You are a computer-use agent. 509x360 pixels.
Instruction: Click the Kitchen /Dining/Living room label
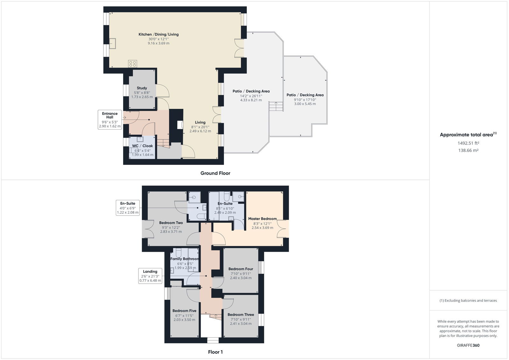tap(158, 34)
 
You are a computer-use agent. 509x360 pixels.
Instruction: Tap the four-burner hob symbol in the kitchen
tap(132, 64)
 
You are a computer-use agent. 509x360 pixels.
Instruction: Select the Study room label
tap(142, 88)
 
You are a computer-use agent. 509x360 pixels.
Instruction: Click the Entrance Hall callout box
tap(110, 120)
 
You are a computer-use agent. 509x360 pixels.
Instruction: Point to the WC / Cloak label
tap(143, 146)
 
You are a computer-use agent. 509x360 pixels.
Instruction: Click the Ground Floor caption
tap(215, 173)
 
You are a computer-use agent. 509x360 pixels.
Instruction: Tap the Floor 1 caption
tap(215, 352)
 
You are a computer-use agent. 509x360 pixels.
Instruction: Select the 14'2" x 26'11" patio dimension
tap(251, 96)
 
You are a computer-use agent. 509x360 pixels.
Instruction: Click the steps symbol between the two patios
tap(276, 106)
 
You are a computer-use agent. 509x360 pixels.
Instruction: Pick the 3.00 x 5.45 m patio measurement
tap(305, 104)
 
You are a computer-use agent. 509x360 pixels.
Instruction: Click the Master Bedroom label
tap(262, 219)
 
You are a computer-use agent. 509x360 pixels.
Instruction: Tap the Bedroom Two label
tap(171, 222)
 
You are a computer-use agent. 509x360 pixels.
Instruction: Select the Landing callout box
tap(150, 276)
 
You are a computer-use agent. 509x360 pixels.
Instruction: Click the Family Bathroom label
tap(185, 259)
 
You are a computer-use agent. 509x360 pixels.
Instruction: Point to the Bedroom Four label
tap(241, 269)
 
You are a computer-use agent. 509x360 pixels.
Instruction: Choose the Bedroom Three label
tap(241, 314)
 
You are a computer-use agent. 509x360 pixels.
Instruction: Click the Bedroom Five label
tap(184, 311)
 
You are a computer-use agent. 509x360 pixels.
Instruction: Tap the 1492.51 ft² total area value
tap(468, 143)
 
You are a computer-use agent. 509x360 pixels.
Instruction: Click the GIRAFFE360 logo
tap(468, 345)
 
